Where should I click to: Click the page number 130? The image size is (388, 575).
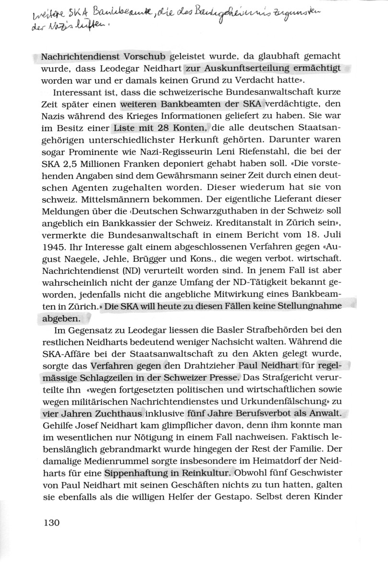tap(49, 523)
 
